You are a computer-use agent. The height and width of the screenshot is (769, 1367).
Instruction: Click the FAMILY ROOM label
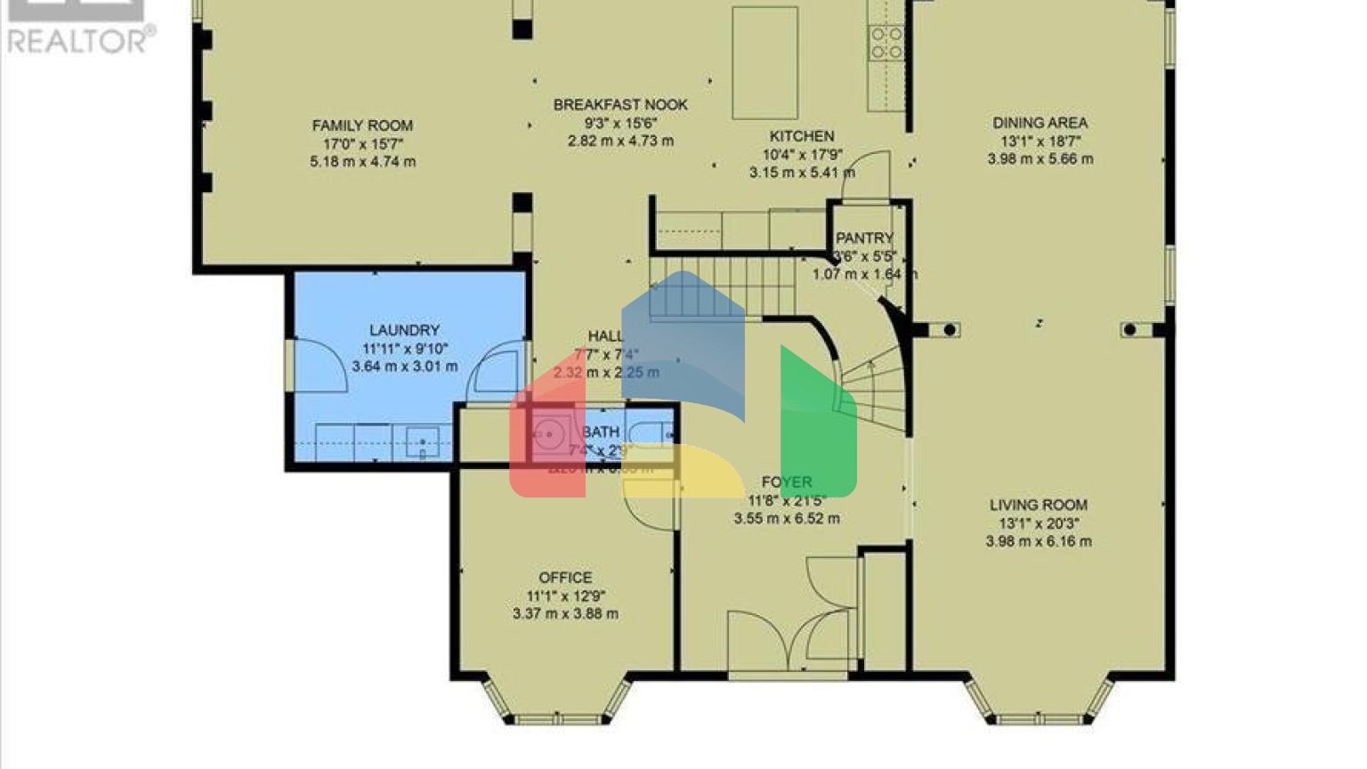click(362, 125)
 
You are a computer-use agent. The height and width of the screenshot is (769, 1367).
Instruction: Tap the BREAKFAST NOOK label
click(620, 104)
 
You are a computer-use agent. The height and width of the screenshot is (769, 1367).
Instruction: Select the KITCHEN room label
click(802, 136)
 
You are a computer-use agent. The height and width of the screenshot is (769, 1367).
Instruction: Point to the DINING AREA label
click(1039, 123)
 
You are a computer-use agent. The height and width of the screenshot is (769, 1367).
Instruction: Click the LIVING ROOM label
click(1039, 505)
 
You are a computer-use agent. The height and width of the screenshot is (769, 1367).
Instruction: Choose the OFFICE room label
click(565, 578)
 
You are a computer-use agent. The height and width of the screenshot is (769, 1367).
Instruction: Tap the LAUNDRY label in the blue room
click(404, 330)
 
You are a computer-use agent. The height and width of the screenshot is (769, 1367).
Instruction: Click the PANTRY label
click(864, 239)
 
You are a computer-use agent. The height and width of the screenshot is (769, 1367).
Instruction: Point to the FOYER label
click(787, 482)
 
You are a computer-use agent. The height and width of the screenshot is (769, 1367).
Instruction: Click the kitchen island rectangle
click(764, 62)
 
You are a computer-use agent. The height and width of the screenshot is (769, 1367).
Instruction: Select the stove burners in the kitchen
click(886, 43)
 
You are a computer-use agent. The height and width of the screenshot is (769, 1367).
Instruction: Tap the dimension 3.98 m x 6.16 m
click(1039, 541)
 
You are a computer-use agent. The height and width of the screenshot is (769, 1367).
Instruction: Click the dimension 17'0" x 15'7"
click(363, 143)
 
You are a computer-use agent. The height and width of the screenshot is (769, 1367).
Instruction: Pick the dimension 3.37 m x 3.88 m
click(565, 613)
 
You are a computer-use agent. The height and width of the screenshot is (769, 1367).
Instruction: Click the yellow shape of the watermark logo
click(685, 472)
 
